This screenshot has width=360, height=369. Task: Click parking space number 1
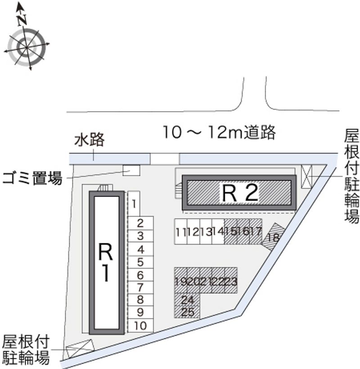pos(134,204)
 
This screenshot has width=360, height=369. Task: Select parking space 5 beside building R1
pos(140,262)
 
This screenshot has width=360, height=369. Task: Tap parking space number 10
pos(140,326)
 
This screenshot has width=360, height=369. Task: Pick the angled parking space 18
pos(274,237)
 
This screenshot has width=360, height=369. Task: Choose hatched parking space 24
pos(187,300)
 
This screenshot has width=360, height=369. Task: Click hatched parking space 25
pos(187,312)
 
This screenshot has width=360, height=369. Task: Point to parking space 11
pos(181,232)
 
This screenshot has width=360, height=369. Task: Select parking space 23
pos(231,280)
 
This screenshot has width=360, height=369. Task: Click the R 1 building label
pos(106,262)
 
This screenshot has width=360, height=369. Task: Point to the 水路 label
pos(90,139)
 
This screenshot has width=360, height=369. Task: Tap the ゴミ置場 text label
pos(32,178)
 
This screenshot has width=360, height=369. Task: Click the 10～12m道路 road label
pos(219,132)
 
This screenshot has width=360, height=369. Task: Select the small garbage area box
pos(131,170)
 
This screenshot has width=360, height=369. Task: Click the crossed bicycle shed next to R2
pos(306,177)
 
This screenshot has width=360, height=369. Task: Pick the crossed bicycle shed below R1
pos(80,348)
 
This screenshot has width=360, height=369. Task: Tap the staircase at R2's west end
pos(179,190)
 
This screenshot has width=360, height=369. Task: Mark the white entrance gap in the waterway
pos(165,159)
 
